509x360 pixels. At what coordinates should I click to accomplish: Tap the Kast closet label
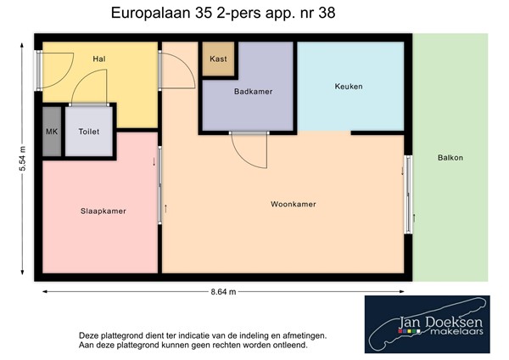click(x=218, y=59)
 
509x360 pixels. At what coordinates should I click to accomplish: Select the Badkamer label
click(x=255, y=92)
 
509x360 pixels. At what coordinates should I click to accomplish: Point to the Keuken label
click(x=349, y=87)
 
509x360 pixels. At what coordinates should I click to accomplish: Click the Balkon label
click(x=450, y=158)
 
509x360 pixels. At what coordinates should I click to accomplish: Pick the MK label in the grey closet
click(x=51, y=132)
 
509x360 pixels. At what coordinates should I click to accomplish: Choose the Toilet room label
click(x=88, y=132)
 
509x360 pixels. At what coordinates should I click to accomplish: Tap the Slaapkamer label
click(x=103, y=211)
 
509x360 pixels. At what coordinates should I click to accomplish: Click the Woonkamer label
click(x=294, y=205)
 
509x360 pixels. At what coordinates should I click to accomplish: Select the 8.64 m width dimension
click(x=223, y=291)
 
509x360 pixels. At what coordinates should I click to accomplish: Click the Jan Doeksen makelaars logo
click(x=428, y=324)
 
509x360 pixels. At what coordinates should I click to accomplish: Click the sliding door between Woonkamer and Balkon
click(x=408, y=194)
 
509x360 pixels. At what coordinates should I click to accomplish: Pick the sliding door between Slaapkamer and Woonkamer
click(x=159, y=187)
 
